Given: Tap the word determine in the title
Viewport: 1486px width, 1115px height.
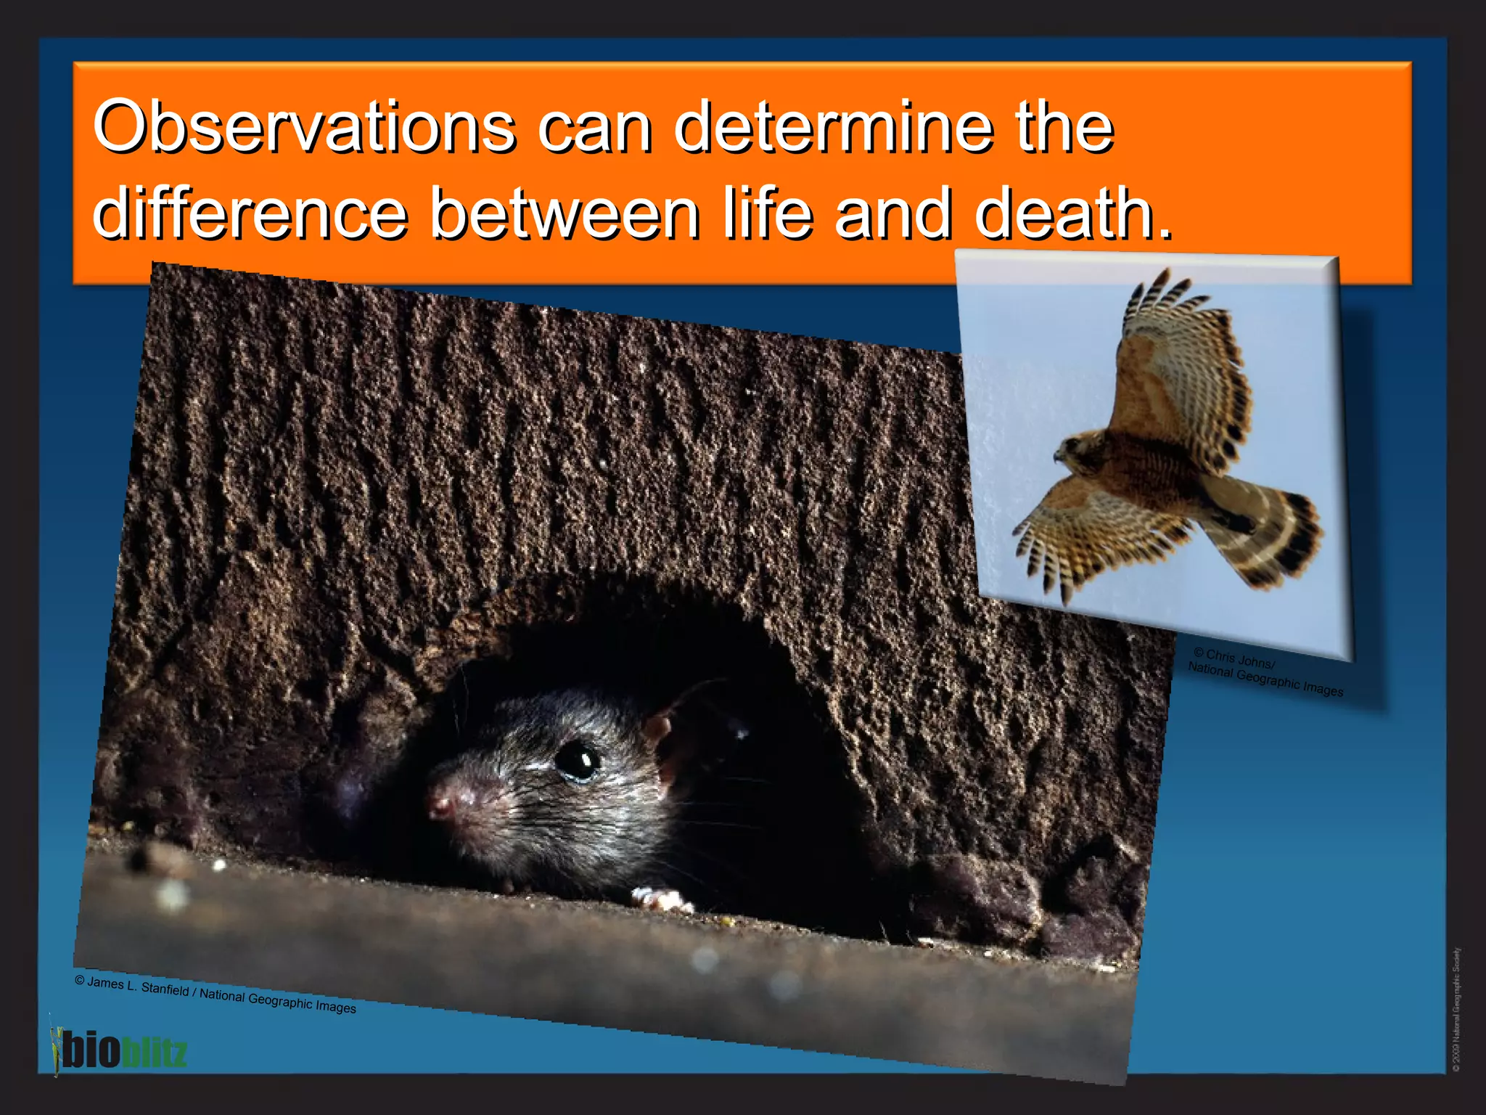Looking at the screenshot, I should [x=833, y=127].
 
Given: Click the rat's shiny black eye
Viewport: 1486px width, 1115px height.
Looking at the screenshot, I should [x=577, y=760].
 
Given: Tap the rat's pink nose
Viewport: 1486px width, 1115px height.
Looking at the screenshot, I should [x=440, y=803].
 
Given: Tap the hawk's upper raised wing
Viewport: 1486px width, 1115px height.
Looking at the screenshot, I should [x=1179, y=363].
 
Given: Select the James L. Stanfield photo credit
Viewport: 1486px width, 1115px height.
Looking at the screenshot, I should [x=215, y=994].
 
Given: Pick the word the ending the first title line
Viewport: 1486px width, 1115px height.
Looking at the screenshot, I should [x=1064, y=127].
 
